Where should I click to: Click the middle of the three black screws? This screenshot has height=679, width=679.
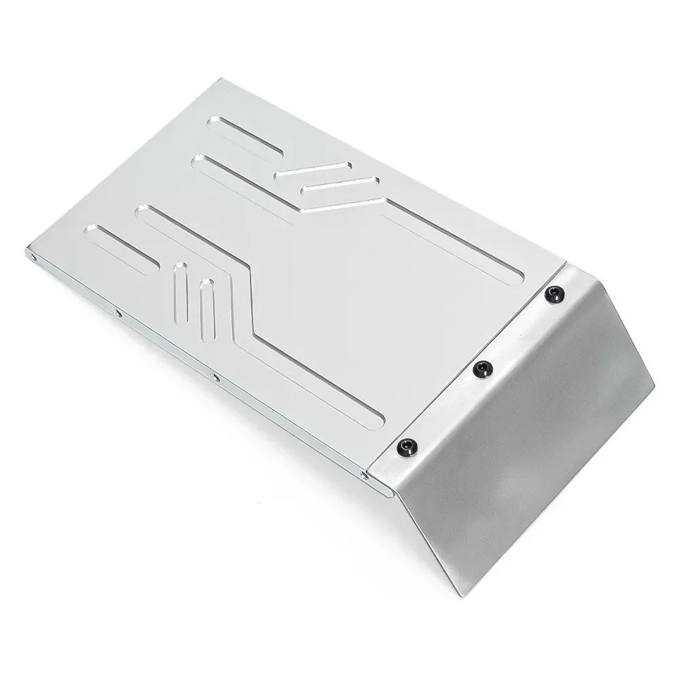(482, 368)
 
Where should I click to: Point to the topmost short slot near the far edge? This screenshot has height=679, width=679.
(244, 136)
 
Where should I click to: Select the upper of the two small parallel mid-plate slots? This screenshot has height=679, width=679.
(313, 170)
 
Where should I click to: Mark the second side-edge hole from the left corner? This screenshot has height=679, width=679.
(118, 314)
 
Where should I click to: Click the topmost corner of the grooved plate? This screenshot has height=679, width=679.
(217, 79)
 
